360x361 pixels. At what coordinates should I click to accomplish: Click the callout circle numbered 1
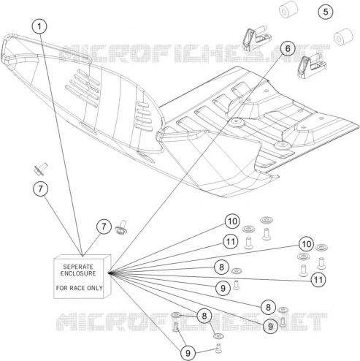pos(39,26)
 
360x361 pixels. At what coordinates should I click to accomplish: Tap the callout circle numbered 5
pos(326,12)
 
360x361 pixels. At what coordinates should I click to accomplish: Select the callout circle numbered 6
pos(288,48)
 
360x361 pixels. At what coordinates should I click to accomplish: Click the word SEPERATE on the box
pos(78,267)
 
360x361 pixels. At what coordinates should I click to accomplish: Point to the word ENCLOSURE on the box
pos(78,273)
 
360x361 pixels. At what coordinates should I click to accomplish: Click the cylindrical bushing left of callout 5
pos(288,9)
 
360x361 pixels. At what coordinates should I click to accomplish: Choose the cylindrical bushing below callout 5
pos(343,37)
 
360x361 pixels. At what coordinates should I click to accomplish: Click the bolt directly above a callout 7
pos(40,169)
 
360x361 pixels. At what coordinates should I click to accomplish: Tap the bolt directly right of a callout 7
pos(121,227)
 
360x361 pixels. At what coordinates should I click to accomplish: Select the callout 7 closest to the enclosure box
pos(104,227)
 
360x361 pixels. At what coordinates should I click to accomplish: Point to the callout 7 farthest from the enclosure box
pos(40,189)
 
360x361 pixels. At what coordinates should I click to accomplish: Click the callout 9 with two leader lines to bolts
pos(188,353)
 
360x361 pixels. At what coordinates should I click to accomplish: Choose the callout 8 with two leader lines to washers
pos(204,316)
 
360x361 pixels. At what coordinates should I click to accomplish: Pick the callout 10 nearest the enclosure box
pos(232,221)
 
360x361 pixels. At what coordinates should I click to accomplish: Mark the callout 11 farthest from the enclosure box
pos(318,280)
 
